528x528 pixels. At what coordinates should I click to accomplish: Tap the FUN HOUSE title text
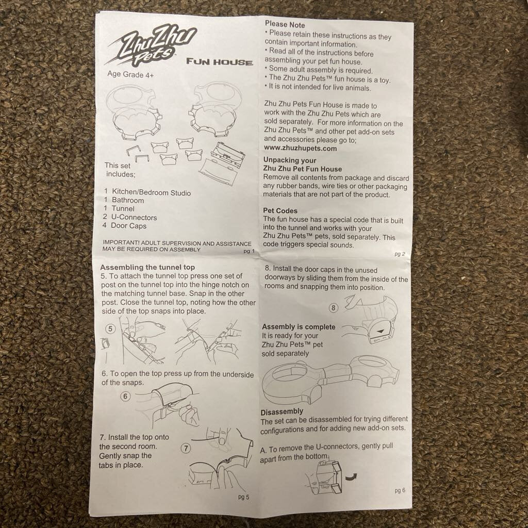click(x=220, y=62)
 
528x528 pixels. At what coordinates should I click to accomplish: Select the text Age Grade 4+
click(x=130, y=74)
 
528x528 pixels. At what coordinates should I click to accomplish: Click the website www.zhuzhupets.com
click(x=301, y=148)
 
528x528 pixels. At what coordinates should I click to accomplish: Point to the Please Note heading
click(x=285, y=25)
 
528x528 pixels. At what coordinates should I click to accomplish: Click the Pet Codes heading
click(x=280, y=211)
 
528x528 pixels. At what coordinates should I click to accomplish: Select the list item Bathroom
click(x=124, y=200)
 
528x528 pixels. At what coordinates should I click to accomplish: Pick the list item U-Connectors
click(x=130, y=217)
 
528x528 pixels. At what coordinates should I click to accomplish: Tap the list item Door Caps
click(x=125, y=226)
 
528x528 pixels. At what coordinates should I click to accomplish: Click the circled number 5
click(x=110, y=328)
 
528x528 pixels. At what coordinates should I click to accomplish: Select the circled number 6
click(x=125, y=397)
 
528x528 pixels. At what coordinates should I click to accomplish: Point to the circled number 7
click(x=186, y=448)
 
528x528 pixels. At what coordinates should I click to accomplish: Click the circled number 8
click(x=334, y=308)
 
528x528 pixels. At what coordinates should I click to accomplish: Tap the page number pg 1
click(x=249, y=251)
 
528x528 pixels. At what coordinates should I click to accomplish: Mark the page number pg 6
click(x=400, y=490)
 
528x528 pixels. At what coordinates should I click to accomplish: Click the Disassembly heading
click(x=282, y=411)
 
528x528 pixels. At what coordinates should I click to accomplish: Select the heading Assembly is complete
click(x=299, y=327)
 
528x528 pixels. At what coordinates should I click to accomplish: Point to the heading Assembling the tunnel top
click(x=147, y=268)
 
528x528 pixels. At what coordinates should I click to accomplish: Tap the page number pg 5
click(x=243, y=497)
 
